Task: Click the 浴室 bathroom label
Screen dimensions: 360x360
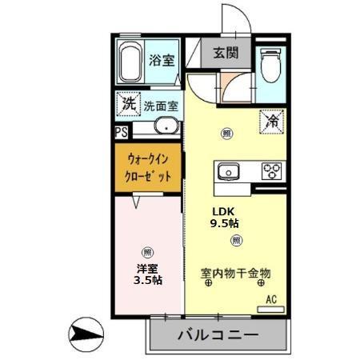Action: (x=162, y=59)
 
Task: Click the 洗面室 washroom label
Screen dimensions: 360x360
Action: (x=161, y=105)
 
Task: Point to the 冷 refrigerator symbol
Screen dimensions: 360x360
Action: (x=271, y=122)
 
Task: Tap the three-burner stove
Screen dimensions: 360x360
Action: (x=272, y=170)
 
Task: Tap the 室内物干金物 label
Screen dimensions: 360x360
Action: (x=235, y=274)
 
